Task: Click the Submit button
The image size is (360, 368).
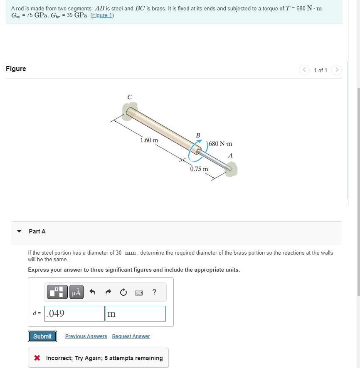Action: (42, 336)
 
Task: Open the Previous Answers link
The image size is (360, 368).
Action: (86, 336)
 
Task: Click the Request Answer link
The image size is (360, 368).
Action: (131, 336)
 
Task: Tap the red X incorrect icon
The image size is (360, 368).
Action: (37, 358)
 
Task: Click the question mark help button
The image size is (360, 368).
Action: (154, 292)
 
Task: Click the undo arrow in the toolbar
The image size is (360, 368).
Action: (93, 292)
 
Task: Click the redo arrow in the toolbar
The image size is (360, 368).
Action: (108, 292)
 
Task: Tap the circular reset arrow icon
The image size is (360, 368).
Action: (123, 292)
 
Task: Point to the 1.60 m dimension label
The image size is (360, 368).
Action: (149, 140)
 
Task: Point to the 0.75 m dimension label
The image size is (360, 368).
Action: (199, 169)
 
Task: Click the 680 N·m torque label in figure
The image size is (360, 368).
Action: (220, 144)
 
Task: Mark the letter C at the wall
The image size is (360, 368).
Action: (130, 97)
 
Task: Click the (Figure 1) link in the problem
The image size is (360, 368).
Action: (102, 15)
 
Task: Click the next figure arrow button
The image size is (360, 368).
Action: (337, 70)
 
